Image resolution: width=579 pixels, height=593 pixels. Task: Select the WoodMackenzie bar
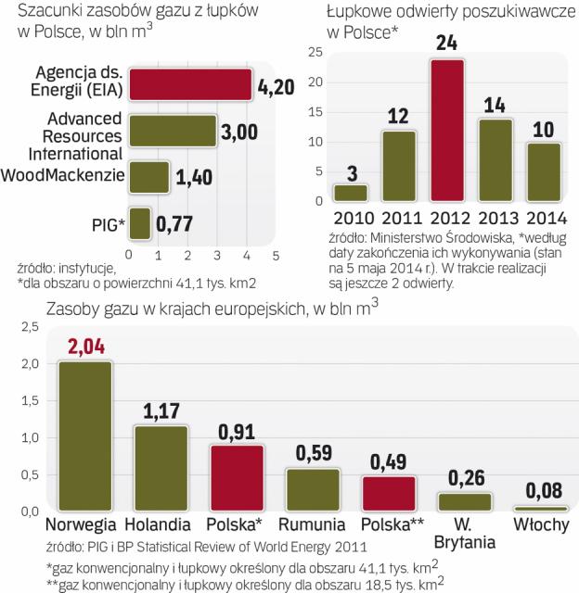click(x=148, y=176)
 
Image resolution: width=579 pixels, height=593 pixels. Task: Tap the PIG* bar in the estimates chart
click(x=139, y=222)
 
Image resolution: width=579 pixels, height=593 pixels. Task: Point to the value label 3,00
click(x=239, y=131)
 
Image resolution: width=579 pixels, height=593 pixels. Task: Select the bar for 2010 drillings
click(x=351, y=193)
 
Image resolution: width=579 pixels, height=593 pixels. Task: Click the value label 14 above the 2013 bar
click(x=495, y=105)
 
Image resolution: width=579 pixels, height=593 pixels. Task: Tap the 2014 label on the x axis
click(x=545, y=218)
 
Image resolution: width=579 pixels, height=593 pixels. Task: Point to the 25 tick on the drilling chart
click(x=315, y=51)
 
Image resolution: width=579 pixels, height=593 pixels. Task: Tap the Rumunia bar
click(x=312, y=489)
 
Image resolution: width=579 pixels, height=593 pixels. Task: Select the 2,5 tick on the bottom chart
click(x=29, y=327)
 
